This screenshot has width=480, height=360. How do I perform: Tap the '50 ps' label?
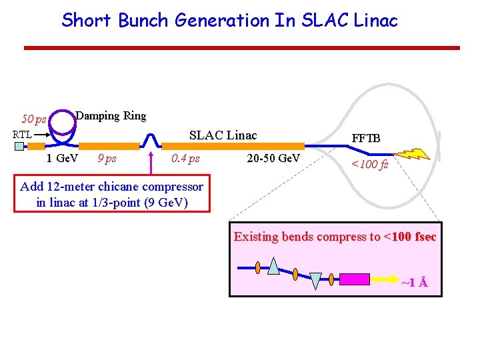coord(33,119)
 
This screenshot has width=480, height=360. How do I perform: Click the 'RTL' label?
coord(23,135)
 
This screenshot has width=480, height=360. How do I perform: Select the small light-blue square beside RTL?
coord(19,147)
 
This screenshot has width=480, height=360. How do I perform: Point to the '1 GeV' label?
coord(62,159)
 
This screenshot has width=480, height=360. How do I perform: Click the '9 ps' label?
coord(107,159)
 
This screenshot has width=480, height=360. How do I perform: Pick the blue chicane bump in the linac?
coord(152,139)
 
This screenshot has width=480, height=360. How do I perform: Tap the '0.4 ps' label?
coord(185,159)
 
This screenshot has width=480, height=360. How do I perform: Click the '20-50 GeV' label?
coord(273,159)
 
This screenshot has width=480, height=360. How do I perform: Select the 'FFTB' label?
coord(366,138)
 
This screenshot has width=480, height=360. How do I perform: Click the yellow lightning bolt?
coord(417,155)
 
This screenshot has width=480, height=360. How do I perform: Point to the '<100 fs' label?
coord(369,164)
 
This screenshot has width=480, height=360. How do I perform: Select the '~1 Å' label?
coord(415,283)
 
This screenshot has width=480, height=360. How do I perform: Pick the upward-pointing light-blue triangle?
coord(274,266)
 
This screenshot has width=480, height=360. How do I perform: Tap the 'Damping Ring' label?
coord(111,116)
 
